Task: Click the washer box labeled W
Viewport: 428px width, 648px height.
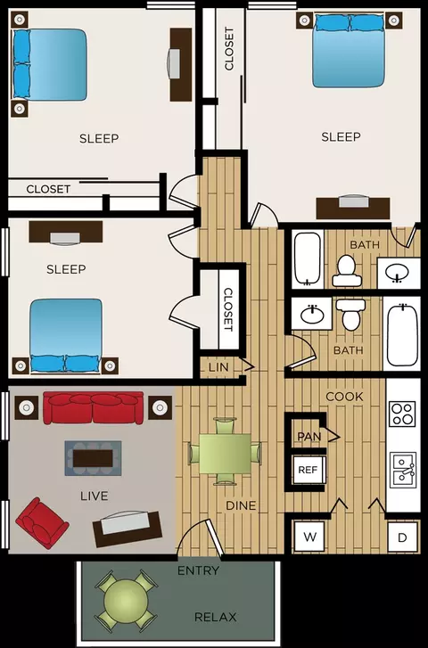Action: coord(309,537)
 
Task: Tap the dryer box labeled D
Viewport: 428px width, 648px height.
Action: coord(402,537)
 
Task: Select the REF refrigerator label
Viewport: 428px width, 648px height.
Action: coord(309,470)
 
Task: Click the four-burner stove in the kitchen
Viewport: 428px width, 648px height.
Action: coord(402,414)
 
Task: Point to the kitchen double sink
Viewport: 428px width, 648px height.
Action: coord(403,471)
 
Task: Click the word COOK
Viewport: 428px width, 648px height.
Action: coord(344,397)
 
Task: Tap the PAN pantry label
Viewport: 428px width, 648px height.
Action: coord(309,437)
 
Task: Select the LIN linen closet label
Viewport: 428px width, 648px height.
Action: coord(218,366)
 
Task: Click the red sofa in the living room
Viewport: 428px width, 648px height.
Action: coord(94,408)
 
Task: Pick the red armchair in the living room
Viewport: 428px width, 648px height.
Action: coord(41,523)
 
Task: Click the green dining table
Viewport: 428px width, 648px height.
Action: coord(225,453)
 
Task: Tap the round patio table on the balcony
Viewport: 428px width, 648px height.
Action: coord(126,600)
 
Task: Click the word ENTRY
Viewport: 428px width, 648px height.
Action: coord(198,570)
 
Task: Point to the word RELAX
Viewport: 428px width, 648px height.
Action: coord(216,617)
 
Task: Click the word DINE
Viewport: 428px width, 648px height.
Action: coord(241,505)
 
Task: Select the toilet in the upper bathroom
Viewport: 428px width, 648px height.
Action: coord(347,271)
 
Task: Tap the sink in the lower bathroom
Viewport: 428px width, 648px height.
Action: coord(312,314)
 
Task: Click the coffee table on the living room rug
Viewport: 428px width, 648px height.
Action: coord(93,458)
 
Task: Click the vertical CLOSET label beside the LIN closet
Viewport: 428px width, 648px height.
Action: coord(228,310)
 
